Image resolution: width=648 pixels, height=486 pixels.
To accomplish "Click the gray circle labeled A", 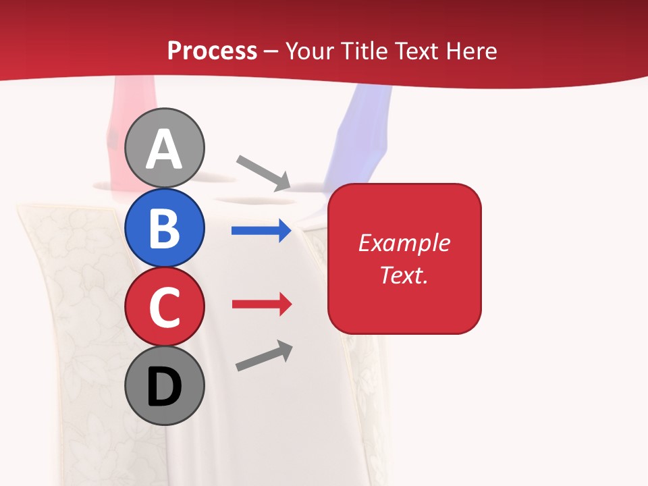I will click(x=165, y=148).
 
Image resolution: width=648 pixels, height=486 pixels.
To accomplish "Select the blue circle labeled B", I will click(x=165, y=227).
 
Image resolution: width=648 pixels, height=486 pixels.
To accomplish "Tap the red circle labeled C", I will click(x=165, y=306).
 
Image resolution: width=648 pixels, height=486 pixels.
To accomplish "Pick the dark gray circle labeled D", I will click(x=165, y=385).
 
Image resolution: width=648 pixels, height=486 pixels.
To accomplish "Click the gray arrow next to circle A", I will click(x=263, y=173).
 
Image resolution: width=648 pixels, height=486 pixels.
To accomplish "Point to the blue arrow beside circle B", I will click(x=261, y=231).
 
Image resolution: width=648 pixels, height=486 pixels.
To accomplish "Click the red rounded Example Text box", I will click(x=404, y=297).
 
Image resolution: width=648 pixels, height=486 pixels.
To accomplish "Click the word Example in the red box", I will click(x=404, y=243).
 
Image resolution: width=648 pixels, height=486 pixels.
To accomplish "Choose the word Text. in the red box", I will click(x=404, y=275).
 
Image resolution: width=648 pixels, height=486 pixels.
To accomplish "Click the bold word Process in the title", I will click(x=212, y=51).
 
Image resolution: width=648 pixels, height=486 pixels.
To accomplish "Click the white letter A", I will click(x=165, y=150).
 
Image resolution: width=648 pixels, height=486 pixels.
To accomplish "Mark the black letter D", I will click(x=165, y=387).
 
